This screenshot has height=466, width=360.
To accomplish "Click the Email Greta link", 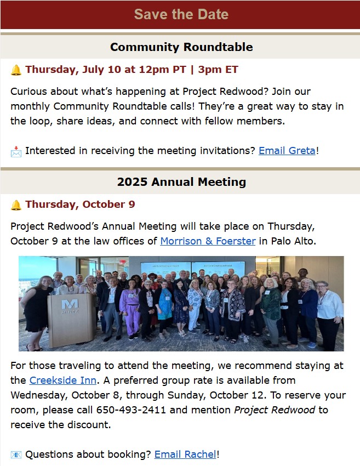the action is pyautogui.click(x=287, y=151).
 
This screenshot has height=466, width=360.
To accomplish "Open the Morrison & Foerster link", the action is pyautogui.click(x=208, y=241).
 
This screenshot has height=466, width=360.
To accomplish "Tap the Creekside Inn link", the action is pyautogui.click(x=62, y=380).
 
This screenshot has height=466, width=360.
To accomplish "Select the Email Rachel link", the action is pyautogui.click(x=185, y=454).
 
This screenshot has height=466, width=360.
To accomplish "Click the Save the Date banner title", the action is pyautogui.click(x=181, y=14).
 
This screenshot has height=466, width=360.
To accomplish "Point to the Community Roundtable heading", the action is pyautogui.click(x=181, y=47).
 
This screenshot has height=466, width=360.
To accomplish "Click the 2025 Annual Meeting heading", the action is pyautogui.click(x=181, y=182).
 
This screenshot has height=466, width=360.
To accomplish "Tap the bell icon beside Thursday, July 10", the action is pyautogui.click(x=16, y=70).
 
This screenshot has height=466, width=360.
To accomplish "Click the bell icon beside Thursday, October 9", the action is pyautogui.click(x=16, y=205).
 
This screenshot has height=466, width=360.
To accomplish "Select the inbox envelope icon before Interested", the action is pyautogui.click(x=16, y=151).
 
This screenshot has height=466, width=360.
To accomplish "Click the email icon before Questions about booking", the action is pyautogui.click(x=16, y=455).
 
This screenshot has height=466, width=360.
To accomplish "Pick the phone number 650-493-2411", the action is pyautogui.click(x=131, y=410).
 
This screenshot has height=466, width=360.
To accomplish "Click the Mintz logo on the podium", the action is pyautogui.click(x=70, y=306).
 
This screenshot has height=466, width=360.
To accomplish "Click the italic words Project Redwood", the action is pyautogui.click(x=275, y=410).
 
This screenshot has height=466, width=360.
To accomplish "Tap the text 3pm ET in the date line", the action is pyautogui.click(x=218, y=70).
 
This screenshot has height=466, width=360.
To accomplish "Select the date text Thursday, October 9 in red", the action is pyautogui.click(x=80, y=204).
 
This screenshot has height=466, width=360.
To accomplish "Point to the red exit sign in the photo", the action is pyautogui.click(x=122, y=262).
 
